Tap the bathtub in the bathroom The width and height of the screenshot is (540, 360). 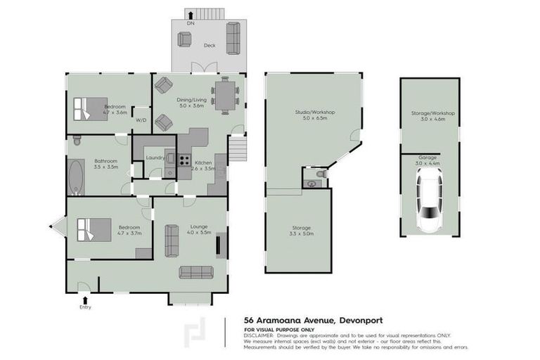(76, 176)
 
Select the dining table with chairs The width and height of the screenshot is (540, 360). (224, 96)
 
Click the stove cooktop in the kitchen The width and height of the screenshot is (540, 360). (185, 160)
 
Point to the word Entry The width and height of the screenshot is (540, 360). (86, 307)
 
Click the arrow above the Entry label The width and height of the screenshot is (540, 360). (86, 298)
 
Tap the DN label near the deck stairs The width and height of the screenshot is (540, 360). (190, 24)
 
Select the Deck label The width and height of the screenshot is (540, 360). (209, 45)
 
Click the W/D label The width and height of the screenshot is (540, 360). (141, 120)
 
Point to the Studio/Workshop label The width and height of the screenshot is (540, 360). (314, 112)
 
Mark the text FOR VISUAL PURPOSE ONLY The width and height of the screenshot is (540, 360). (279, 329)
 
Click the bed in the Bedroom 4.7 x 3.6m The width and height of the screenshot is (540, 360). (89, 108)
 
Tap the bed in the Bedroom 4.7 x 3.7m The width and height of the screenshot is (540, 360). (94, 229)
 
